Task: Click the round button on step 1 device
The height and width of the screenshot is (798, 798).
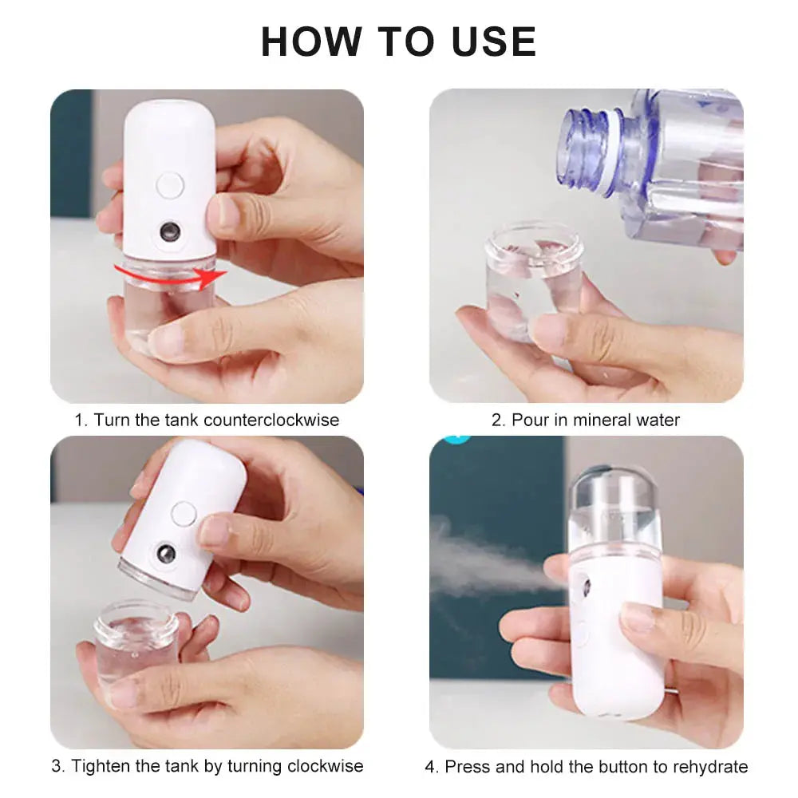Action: coord(170,185)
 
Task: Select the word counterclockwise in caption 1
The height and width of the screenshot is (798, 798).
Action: coord(271,420)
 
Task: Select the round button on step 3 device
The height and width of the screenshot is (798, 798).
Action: coord(183,513)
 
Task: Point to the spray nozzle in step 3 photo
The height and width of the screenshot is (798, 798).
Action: coord(166,553)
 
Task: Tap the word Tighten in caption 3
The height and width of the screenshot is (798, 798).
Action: coord(98,766)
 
